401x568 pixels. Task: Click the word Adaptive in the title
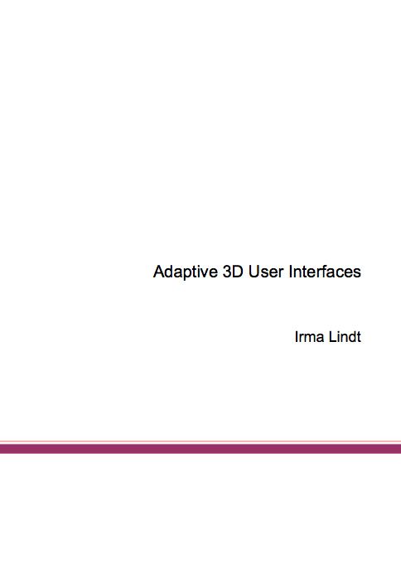[186, 272]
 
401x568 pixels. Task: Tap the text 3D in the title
[233, 272]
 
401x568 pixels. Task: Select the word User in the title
[266, 272]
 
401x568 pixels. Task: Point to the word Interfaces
[325, 272]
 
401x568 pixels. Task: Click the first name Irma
[309, 337]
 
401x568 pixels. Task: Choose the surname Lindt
[345, 337]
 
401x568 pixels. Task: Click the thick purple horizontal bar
[200, 449]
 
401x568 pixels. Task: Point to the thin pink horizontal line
[200, 441]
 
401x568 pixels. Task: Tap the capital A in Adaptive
[160, 272]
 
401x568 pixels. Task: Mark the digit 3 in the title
[227, 272]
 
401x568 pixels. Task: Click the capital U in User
[254, 272]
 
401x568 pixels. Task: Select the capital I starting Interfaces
[291, 272]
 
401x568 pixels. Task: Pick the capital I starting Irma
[297, 337]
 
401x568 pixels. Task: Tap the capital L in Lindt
[333, 337]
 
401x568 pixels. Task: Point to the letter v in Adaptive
[205, 273]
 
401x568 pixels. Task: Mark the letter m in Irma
[309, 339]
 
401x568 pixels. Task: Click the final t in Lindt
[359, 337]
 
